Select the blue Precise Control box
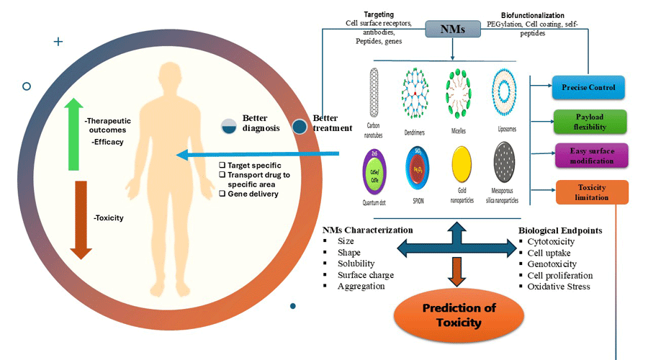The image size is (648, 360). [588, 88]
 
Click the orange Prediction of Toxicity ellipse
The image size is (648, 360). [451, 315]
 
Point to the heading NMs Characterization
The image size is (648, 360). [368, 230]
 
